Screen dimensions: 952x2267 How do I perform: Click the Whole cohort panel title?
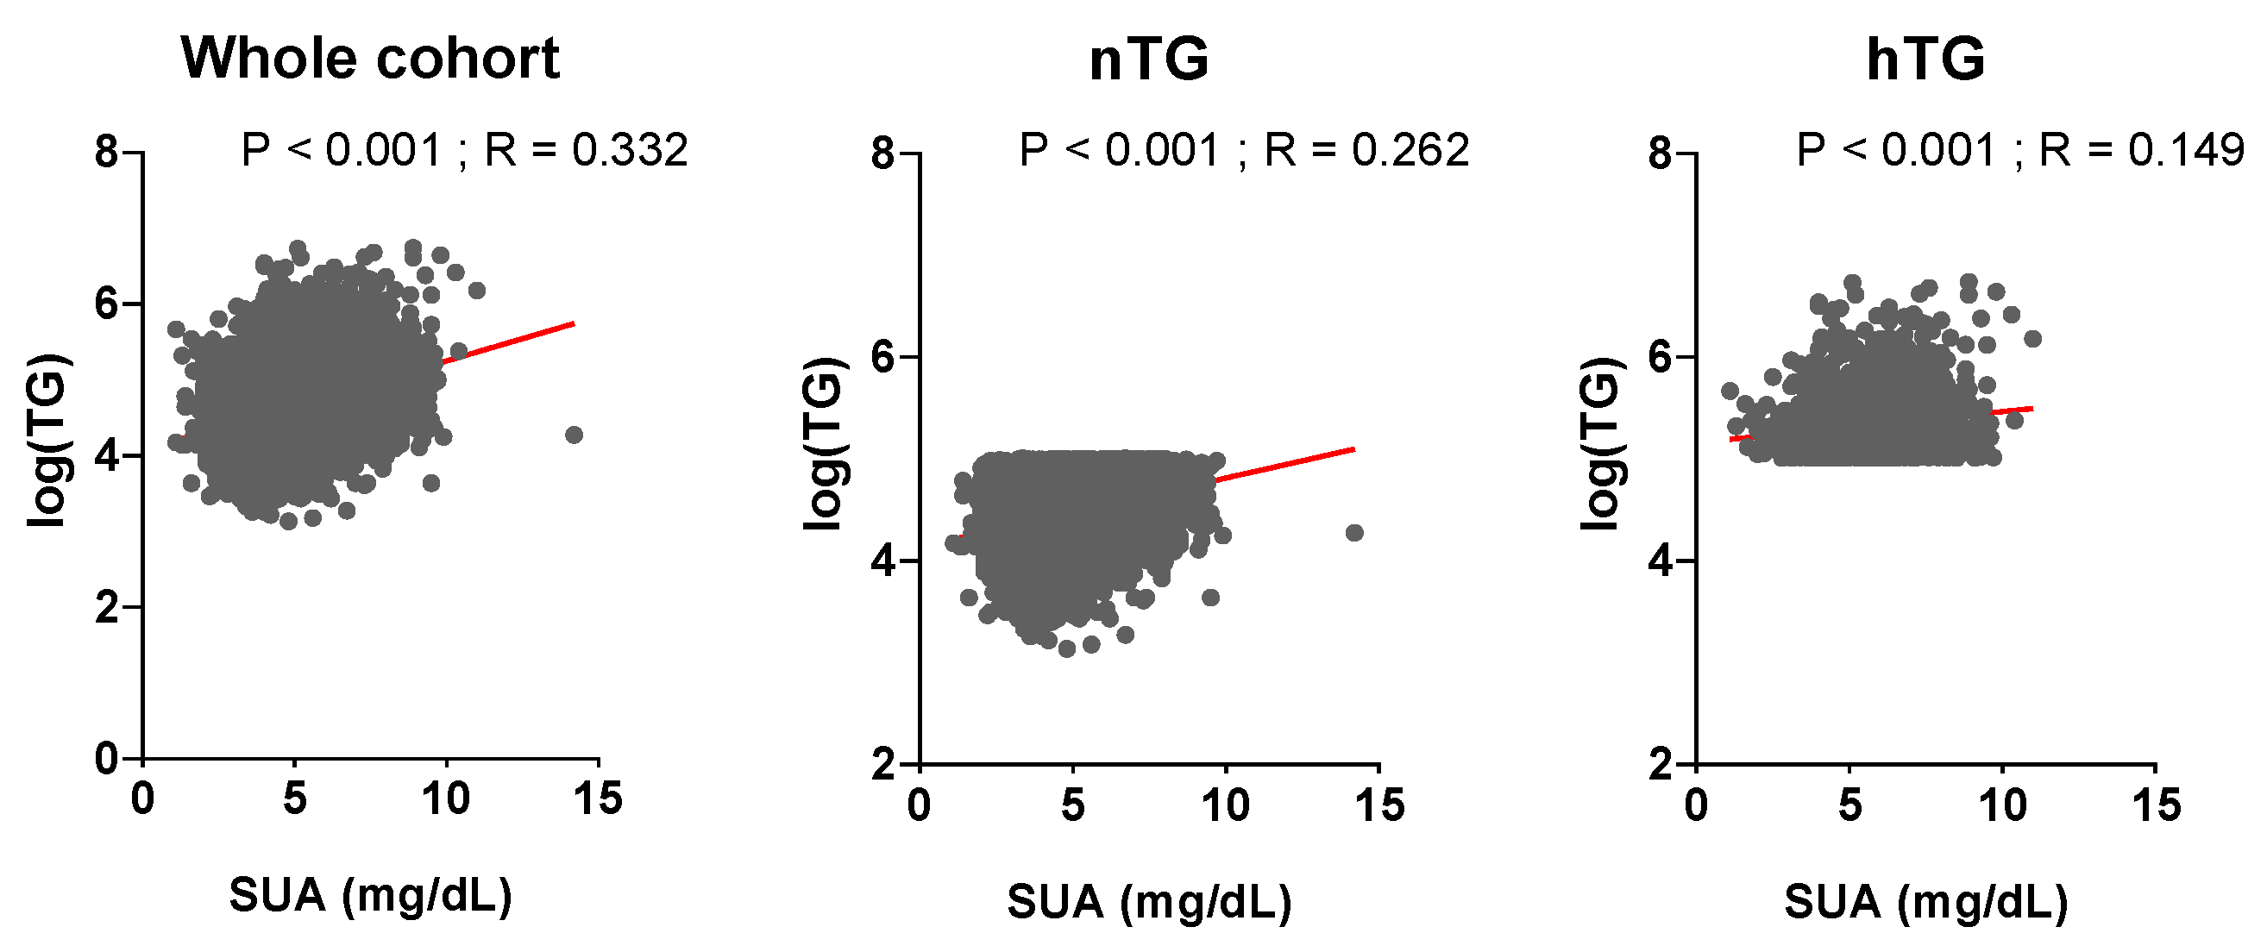coord(369,59)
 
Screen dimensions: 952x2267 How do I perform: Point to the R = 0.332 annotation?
coord(585,150)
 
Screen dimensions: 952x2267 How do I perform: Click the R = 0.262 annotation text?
coord(1366,150)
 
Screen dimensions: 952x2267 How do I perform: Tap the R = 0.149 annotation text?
coord(2142,150)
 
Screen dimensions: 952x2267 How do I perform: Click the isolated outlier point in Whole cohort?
coord(574,435)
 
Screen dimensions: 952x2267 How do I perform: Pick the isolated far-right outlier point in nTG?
coord(1354,532)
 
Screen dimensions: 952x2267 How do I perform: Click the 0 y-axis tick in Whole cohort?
coord(106,759)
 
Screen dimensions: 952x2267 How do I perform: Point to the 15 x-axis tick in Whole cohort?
coord(599,799)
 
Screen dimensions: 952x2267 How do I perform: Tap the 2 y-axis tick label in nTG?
coord(883,765)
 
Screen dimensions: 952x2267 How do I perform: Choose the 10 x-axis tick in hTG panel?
coord(2003,805)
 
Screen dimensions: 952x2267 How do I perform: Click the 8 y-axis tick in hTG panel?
coord(1660,153)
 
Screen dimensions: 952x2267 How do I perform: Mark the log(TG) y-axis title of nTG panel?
coord(825,444)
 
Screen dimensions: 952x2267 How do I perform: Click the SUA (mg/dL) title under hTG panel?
coord(1925,902)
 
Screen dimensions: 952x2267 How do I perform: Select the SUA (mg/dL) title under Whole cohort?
coord(370,896)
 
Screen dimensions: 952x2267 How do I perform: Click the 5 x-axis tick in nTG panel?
coord(1072,805)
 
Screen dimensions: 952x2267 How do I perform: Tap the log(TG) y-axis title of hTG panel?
coord(1601,444)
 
